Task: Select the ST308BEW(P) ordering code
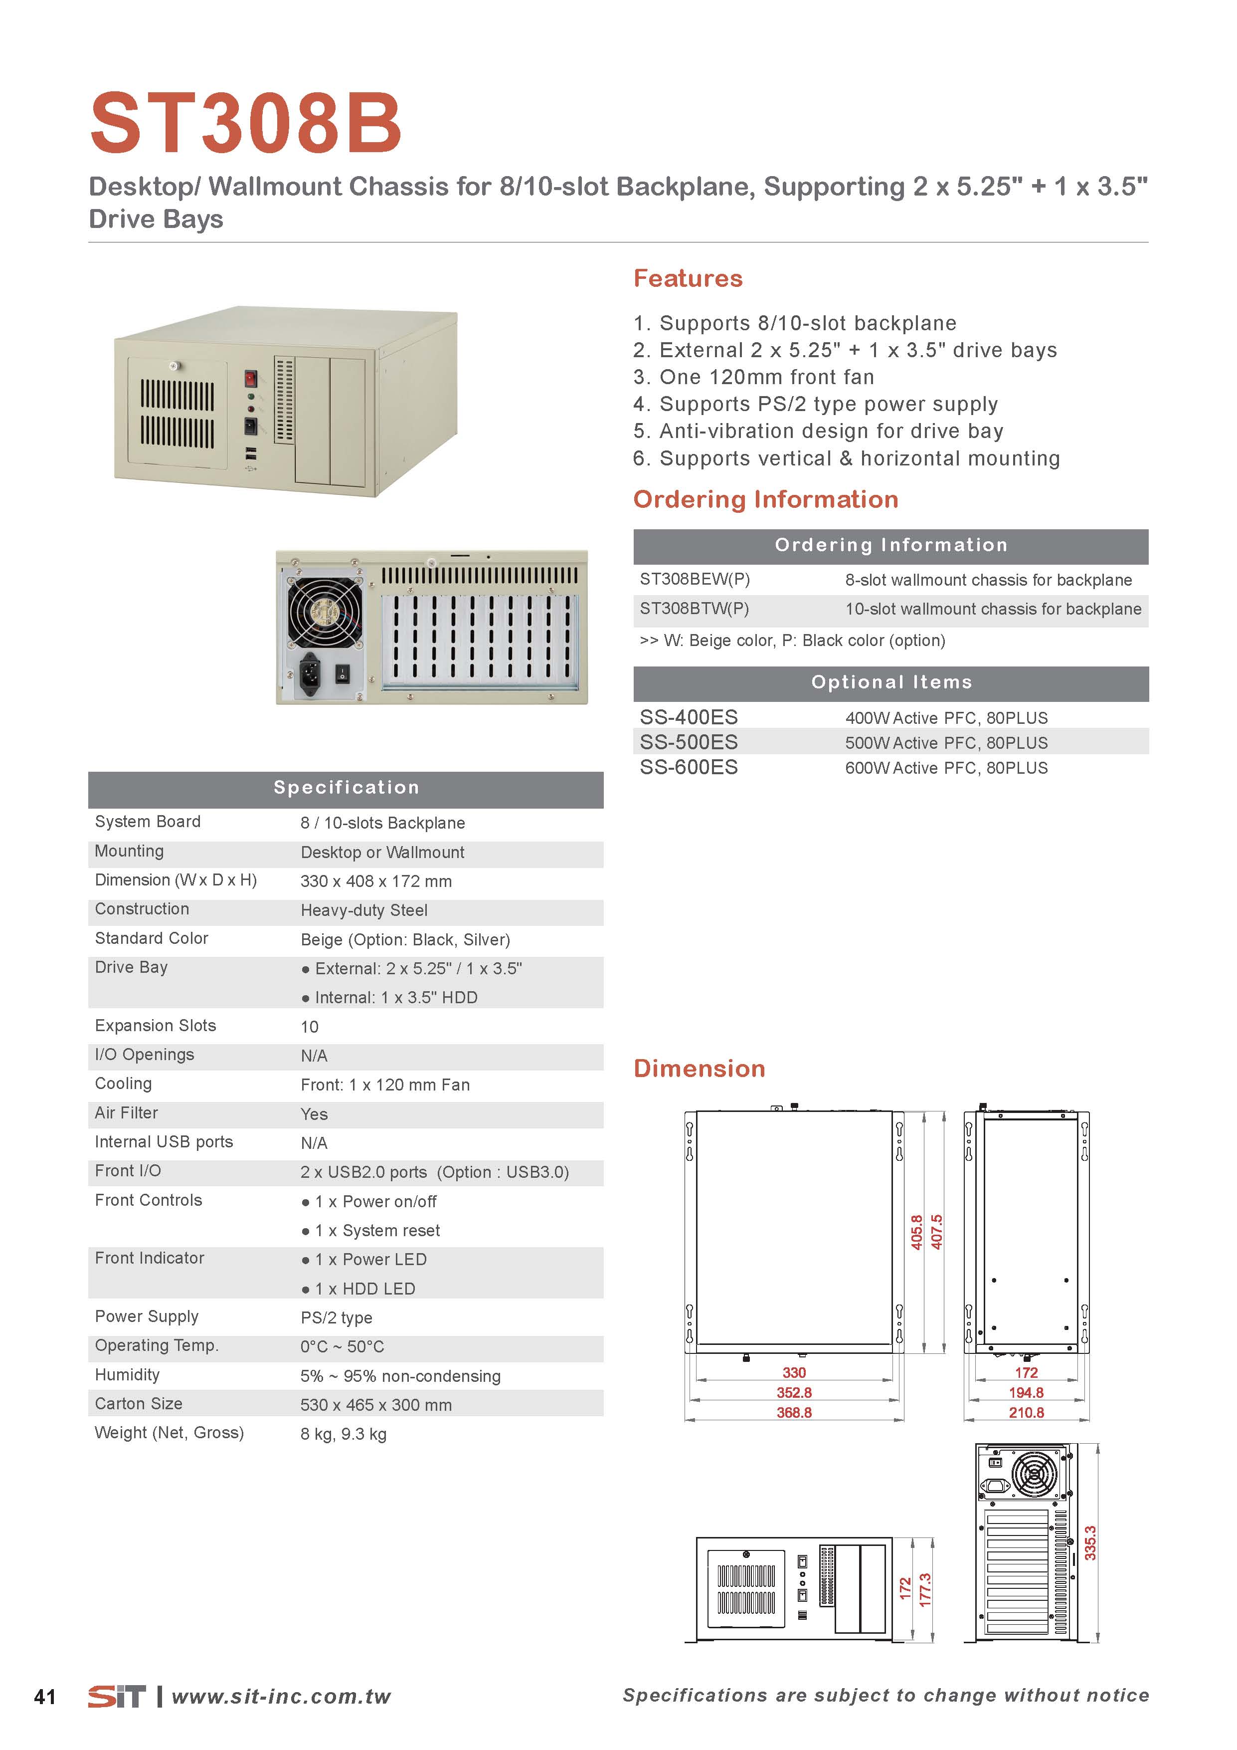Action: pos(695,579)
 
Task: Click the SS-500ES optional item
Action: pos(689,742)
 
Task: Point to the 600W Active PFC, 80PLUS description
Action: pos(946,768)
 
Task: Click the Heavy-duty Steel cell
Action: pos(364,911)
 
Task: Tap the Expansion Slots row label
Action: pos(156,1026)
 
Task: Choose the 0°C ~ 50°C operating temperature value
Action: pos(342,1347)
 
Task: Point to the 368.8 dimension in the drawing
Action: pos(794,1412)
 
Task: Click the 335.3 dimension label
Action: pos(1090,1542)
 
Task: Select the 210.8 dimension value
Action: pos(1026,1412)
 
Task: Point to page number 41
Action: pos(45,1697)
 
